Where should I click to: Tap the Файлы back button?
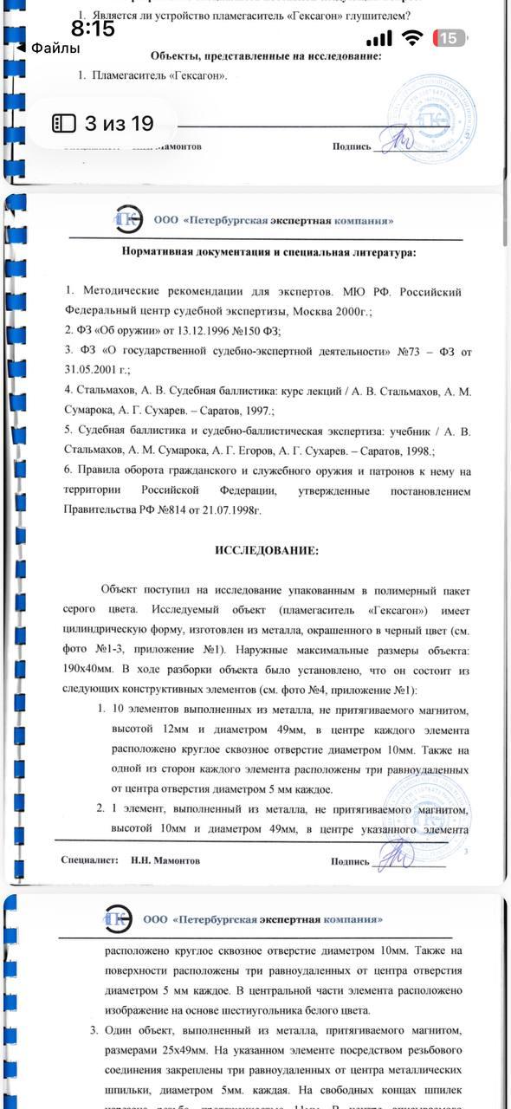coord(50,49)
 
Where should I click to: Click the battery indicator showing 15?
coord(450,38)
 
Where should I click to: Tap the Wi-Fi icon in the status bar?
coord(413,38)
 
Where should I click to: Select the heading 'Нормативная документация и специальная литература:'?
coord(268,252)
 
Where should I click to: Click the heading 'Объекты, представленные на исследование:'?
coord(265,55)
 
